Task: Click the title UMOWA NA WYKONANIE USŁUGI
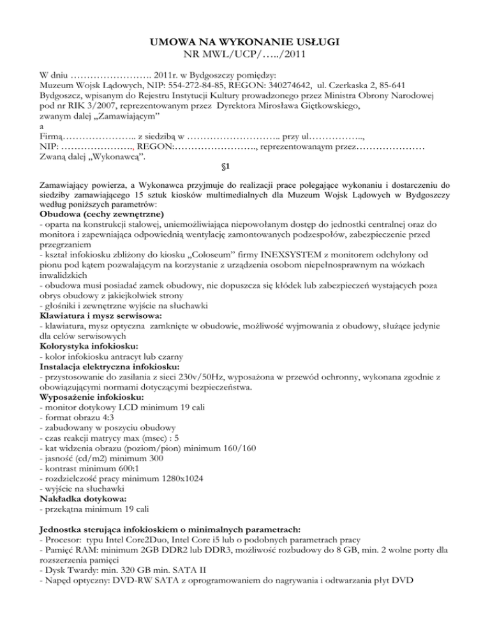point(245,42)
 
